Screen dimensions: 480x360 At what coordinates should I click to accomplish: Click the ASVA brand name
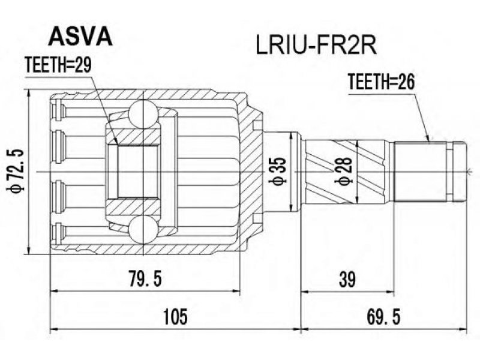[x=80, y=36]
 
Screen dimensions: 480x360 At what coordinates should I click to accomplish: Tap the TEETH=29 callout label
[x=58, y=65]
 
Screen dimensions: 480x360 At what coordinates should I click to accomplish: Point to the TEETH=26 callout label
[x=382, y=82]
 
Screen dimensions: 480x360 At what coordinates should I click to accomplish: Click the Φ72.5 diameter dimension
[x=16, y=172]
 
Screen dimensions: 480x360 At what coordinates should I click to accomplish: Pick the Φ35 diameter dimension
[x=277, y=172]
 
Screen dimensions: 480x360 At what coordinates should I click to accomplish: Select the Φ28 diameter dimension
[x=343, y=172]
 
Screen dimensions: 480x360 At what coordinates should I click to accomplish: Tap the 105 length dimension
[x=175, y=317]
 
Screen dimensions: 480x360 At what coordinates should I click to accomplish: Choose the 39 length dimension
[x=347, y=279]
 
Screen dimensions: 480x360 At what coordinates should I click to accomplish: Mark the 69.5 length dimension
[x=383, y=317]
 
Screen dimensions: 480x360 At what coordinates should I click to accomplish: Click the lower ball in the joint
[x=143, y=229]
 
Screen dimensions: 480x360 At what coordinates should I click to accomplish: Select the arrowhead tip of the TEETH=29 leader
[x=117, y=145]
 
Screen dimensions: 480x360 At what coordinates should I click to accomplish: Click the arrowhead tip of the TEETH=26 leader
[x=430, y=142]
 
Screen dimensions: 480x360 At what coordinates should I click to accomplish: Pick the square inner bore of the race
[x=139, y=172]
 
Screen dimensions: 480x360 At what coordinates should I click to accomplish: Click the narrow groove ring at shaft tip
[x=449, y=172]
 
